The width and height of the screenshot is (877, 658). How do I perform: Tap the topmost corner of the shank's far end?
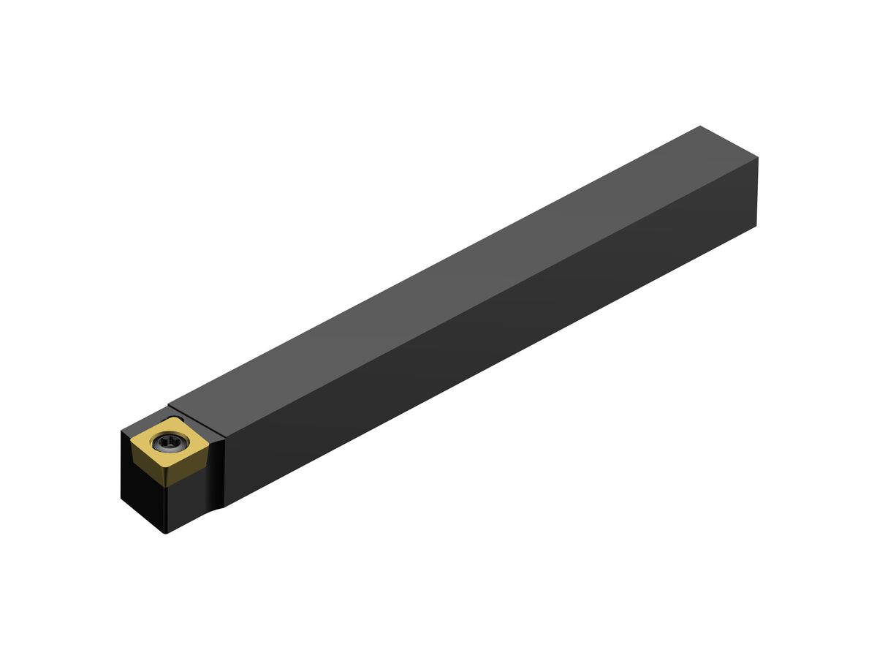pos(700,126)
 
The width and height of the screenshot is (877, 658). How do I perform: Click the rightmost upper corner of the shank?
pos(758,157)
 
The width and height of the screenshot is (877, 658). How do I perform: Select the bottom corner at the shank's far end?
pos(756,226)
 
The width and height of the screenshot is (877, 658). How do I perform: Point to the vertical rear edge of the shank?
pos(757,192)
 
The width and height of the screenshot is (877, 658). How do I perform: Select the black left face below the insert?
pos(143,497)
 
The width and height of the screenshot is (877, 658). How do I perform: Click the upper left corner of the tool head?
pos(121,431)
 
